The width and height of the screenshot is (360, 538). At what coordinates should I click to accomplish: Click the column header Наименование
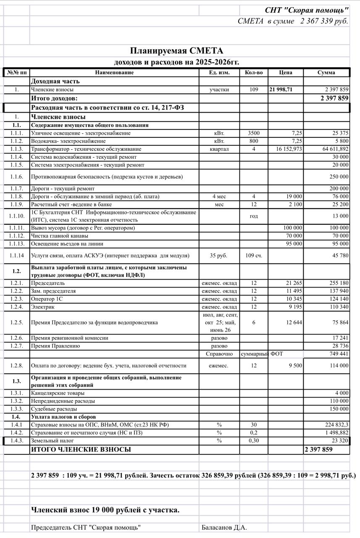[x=114, y=73]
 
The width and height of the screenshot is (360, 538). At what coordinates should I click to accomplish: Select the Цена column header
[x=286, y=73]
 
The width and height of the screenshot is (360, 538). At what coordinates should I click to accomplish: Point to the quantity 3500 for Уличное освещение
[x=254, y=133]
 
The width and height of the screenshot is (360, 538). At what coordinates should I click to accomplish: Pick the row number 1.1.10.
[x=17, y=216]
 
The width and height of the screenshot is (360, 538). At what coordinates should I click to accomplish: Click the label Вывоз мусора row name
[x=83, y=228]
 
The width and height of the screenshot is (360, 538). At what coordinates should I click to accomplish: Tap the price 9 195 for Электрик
[x=293, y=307]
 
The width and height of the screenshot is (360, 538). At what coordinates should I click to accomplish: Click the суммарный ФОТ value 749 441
[x=339, y=354]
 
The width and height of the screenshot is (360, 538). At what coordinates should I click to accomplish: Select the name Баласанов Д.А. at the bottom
[x=224, y=527]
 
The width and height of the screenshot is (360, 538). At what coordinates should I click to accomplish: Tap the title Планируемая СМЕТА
[x=176, y=51]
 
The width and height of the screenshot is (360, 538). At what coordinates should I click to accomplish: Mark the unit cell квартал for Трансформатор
[x=219, y=149]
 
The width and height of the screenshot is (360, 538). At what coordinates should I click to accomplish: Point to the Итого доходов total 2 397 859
[x=334, y=98]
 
